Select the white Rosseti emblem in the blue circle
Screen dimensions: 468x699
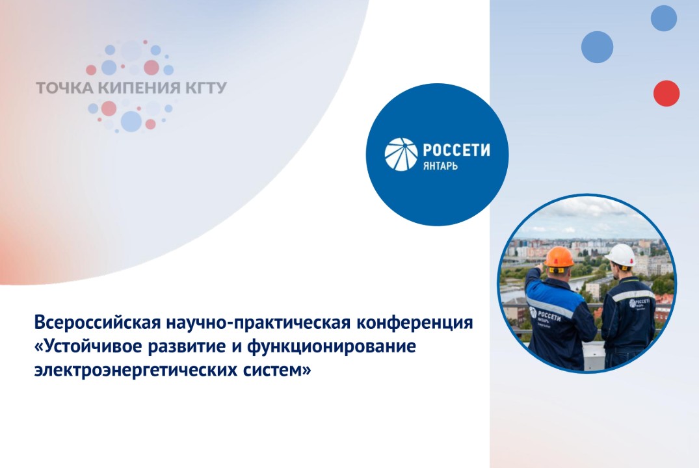[x=401, y=154]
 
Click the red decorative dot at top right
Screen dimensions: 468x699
[x=666, y=93]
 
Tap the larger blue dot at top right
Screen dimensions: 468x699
[x=597, y=47]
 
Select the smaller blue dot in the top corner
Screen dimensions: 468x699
[x=663, y=18]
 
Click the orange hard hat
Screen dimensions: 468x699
[x=559, y=256]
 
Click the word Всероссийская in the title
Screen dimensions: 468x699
[x=97, y=323]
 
